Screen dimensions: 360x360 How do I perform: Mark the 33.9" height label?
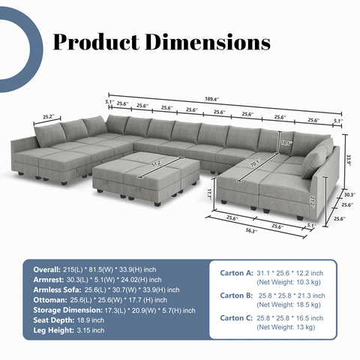349,158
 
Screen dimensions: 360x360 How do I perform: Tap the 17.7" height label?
208,193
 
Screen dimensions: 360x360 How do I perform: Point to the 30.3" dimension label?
349,193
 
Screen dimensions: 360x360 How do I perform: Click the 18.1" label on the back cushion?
285,142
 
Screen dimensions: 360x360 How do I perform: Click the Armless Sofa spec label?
51,289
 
